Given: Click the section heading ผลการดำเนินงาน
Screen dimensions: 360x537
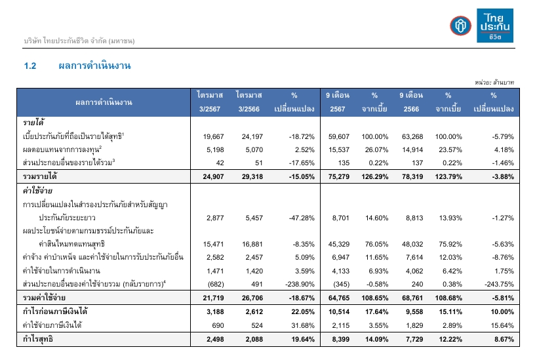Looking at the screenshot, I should (96, 66).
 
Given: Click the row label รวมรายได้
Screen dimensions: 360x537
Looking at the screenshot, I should (39, 177).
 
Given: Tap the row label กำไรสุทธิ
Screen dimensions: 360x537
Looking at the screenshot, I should (38, 339).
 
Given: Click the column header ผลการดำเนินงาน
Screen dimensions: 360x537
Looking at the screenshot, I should (104, 102).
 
